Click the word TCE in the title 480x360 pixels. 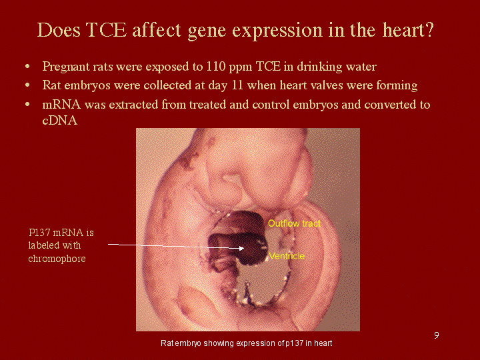point(106,30)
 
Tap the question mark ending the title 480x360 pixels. point(429,29)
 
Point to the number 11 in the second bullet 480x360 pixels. point(237,85)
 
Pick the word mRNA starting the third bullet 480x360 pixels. point(61,105)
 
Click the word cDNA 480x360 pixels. point(60,120)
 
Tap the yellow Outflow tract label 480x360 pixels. point(294,223)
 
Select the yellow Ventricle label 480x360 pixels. point(287,256)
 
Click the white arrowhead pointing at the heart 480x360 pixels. point(241,248)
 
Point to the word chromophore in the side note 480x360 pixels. point(57,259)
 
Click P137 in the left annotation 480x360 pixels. point(41,233)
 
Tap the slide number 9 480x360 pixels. point(437,335)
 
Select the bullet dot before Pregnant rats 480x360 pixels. point(27,67)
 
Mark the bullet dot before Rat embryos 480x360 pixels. point(27,85)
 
